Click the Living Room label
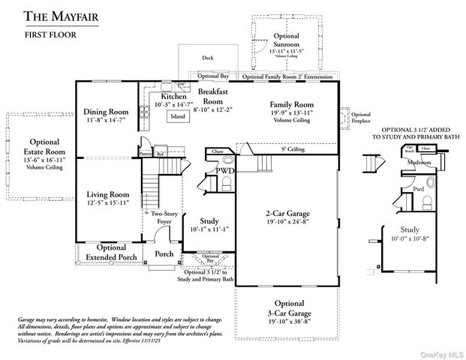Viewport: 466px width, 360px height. [x=107, y=194]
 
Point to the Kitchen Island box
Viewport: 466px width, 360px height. [x=178, y=116]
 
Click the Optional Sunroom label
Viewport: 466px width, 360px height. [x=286, y=40]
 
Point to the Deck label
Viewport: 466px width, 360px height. [x=208, y=58]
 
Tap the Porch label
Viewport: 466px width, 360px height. [x=164, y=253]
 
